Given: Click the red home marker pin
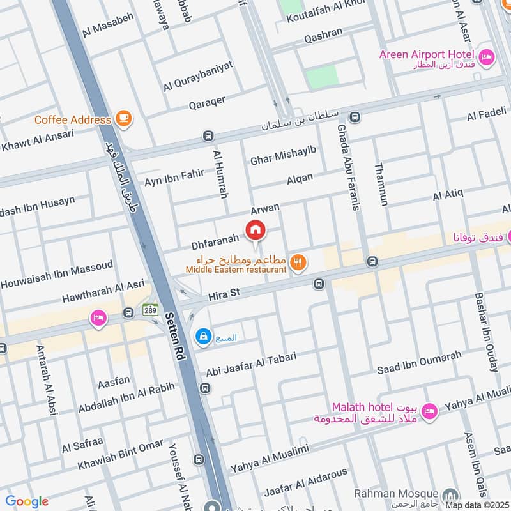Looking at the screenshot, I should (x=256, y=230).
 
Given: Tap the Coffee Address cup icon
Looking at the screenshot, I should (x=123, y=119).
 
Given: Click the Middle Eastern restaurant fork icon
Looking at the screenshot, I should (x=297, y=261).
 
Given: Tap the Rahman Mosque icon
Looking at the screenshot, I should (x=451, y=495).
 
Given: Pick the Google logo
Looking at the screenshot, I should (x=27, y=501).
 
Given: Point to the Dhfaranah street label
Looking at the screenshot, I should (x=215, y=241).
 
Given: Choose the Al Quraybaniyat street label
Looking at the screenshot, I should (x=199, y=75).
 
